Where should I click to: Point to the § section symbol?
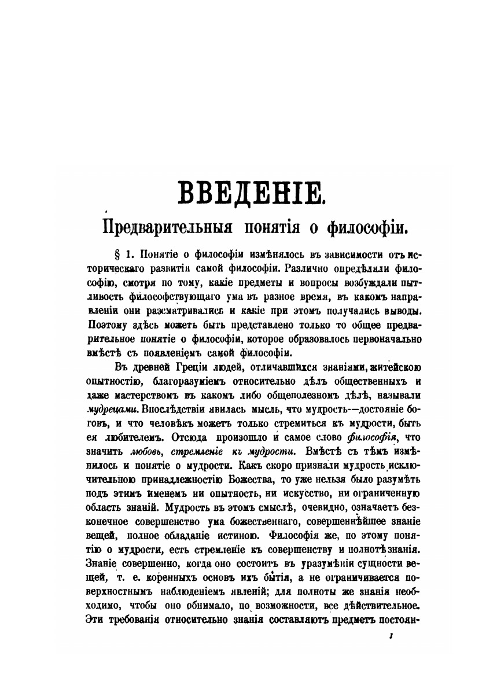pyautogui.click(x=111, y=254)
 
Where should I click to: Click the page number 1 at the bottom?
pyautogui.click(x=392, y=635)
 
